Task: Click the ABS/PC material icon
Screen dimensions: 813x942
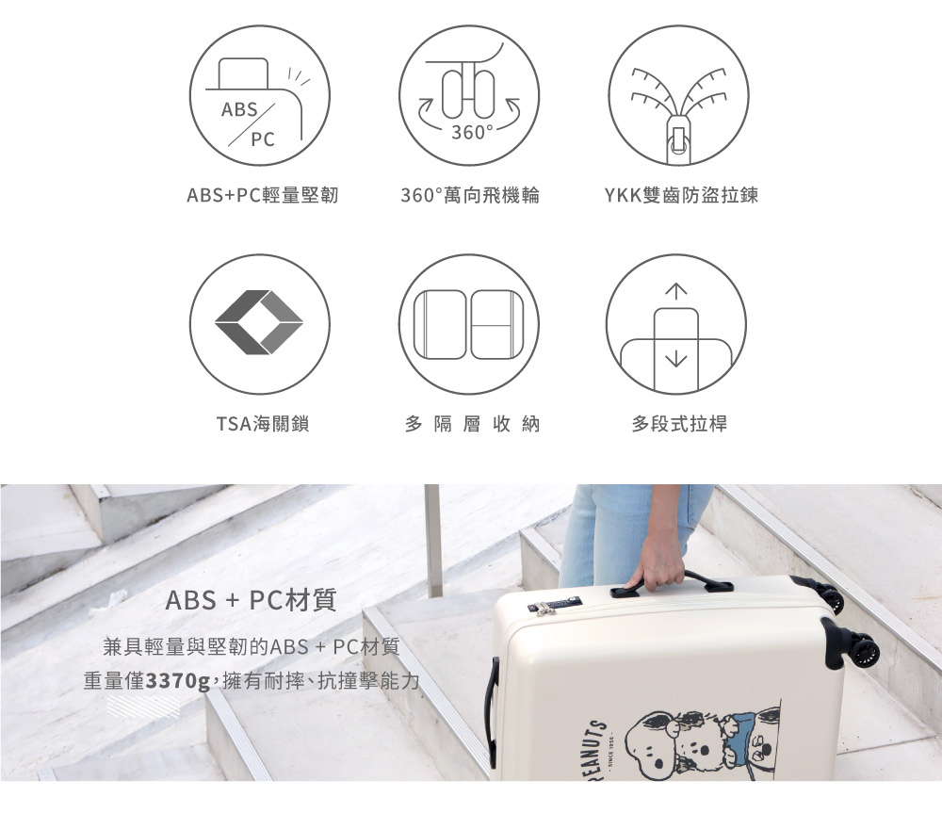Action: pyautogui.click(x=260, y=95)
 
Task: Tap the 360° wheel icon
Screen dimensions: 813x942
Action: pyautogui.click(x=469, y=95)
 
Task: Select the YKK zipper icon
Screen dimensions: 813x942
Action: pyautogui.click(x=678, y=95)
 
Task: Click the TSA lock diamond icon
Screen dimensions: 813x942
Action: pyautogui.click(x=259, y=323)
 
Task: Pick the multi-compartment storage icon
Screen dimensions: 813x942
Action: pyautogui.click(x=469, y=324)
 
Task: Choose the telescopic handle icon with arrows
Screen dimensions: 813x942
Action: pyautogui.click(x=676, y=324)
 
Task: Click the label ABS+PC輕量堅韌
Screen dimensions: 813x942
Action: pyautogui.click(x=262, y=196)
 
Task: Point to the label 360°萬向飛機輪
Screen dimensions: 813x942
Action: pyautogui.click(x=470, y=196)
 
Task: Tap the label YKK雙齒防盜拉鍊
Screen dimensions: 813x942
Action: pyautogui.click(x=681, y=196)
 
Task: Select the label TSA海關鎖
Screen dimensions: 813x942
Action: pyautogui.click(x=262, y=424)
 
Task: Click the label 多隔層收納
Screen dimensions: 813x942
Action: pyautogui.click(x=472, y=424)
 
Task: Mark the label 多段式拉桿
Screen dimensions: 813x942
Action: pyautogui.click(x=679, y=424)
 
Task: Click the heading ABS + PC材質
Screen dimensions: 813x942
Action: pyautogui.click(x=251, y=600)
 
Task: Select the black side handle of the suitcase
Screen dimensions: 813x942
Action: pyautogui.click(x=491, y=711)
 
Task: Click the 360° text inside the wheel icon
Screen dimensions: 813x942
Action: pyautogui.click(x=471, y=133)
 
